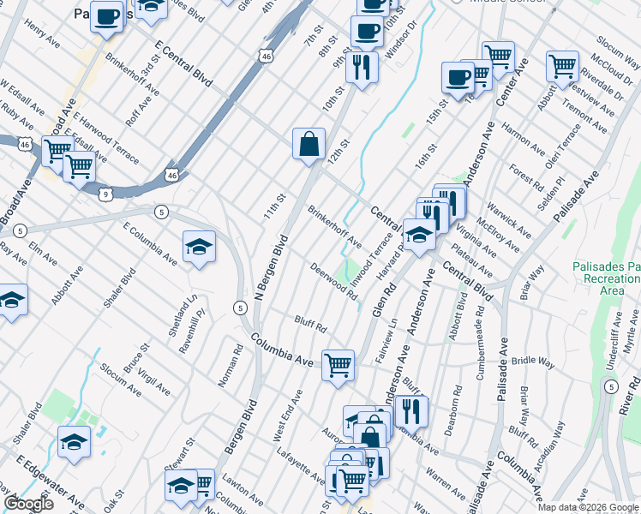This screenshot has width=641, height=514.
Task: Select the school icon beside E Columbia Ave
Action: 199,247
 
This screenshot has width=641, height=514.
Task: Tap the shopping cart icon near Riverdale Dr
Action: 562,64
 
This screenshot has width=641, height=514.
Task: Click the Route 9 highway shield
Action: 105,195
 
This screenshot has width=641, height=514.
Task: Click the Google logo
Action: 28,503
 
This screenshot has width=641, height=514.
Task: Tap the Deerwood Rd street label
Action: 333,281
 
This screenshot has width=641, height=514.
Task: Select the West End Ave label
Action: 288,417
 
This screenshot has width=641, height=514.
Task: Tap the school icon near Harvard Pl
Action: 418,235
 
